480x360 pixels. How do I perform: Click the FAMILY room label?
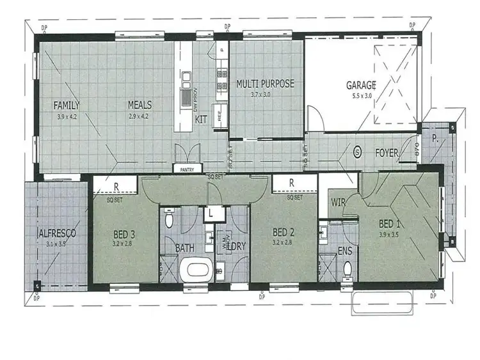click(x=67, y=105)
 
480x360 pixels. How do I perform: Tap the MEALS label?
click(x=138, y=105)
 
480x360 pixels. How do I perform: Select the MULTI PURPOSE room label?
click(x=265, y=84)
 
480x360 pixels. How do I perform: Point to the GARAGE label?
click(x=361, y=85)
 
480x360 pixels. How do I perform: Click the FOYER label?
click(x=387, y=153)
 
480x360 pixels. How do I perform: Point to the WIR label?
click(x=339, y=203)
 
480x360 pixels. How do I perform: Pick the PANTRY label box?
click(x=186, y=169)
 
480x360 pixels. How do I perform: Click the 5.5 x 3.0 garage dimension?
click(x=362, y=95)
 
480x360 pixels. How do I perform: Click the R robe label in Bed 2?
click(x=291, y=183)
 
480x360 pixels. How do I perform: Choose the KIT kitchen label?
click(x=200, y=119)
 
